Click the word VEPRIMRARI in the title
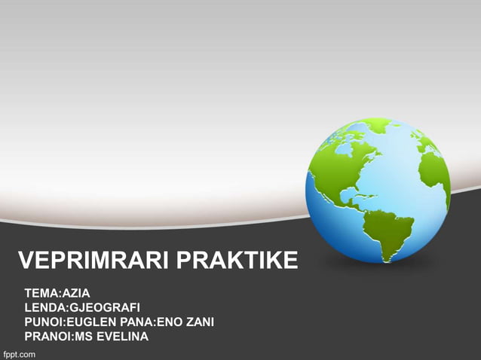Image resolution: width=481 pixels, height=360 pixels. pos(93,262)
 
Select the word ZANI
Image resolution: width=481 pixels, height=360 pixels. pos(198,322)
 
